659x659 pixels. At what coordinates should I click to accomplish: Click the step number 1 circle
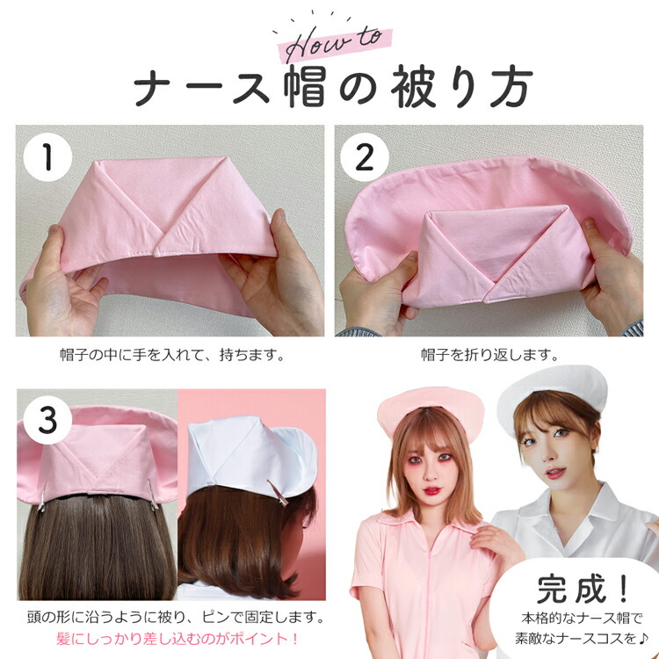(x=47, y=157)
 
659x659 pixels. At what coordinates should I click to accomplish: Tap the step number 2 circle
(x=364, y=157)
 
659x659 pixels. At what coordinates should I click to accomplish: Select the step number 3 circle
(x=47, y=420)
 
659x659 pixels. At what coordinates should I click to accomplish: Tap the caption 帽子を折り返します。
(x=490, y=355)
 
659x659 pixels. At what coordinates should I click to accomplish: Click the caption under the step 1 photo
(x=172, y=355)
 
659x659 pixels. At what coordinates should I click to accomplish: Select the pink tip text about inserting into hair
(x=177, y=639)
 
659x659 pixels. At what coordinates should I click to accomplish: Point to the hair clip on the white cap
(x=278, y=492)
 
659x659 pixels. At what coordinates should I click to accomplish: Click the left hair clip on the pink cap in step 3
(x=42, y=497)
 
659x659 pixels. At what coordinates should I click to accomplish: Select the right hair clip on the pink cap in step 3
(x=153, y=494)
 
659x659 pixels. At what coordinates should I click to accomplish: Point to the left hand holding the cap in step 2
(x=376, y=294)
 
